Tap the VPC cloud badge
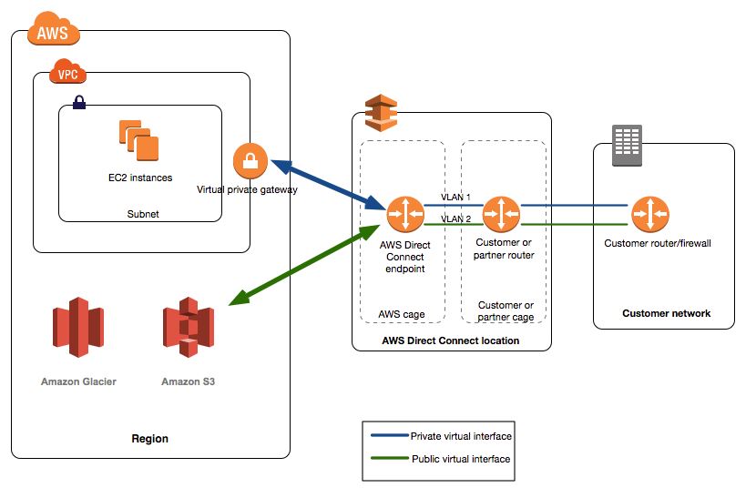click(67, 71)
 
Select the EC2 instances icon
click(138, 140)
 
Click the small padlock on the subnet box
click(79, 102)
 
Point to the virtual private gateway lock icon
click(250, 160)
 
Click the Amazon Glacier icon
click(78, 328)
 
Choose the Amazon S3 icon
click(188, 328)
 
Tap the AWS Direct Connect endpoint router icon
click(405, 215)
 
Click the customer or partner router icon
click(502, 215)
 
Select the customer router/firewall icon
click(650, 215)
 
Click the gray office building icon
click(627, 145)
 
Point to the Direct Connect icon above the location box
click(381, 113)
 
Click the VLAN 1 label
click(455, 198)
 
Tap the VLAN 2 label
click(455, 219)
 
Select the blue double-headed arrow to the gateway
click(328, 185)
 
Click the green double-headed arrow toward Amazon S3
click(304, 265)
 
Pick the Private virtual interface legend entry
click(441, 436)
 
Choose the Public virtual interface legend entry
click(440, 459)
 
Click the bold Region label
click(150, 439)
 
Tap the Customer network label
click(667, 313)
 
